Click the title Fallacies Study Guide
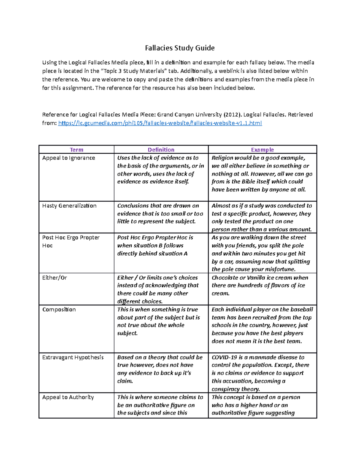180,48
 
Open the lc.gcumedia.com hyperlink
160,123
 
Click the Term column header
76,150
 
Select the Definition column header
161,150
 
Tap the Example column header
262,150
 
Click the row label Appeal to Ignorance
69,158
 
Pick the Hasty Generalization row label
69,206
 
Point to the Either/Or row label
55,278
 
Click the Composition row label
59,309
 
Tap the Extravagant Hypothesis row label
73,357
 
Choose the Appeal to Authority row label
68,397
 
